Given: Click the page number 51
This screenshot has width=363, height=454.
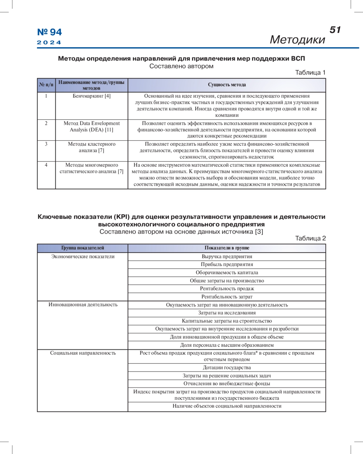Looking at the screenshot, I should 335,30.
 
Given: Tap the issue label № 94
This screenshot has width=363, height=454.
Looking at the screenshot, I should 49,32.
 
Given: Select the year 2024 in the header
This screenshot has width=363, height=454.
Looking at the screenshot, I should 49,42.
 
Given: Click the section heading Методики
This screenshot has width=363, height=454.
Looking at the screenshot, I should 297,40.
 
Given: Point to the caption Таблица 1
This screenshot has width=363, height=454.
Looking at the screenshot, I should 310,72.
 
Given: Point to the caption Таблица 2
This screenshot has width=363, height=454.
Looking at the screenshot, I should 310,238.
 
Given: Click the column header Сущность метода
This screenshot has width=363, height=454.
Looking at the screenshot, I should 227,85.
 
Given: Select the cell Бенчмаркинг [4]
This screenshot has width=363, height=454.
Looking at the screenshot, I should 92,96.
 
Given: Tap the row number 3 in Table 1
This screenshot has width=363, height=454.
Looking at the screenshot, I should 46,144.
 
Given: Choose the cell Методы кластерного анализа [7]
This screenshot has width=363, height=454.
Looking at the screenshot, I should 92,147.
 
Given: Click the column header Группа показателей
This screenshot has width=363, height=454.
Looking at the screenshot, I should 83,248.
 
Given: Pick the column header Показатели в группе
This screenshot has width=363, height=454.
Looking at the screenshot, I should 227,248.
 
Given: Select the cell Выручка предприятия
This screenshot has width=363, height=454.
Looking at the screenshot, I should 227,256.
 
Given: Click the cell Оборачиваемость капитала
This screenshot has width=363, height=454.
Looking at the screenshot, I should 227,272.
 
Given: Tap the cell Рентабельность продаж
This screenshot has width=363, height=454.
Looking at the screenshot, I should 227,288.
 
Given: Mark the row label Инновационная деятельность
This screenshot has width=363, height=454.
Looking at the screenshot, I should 83,304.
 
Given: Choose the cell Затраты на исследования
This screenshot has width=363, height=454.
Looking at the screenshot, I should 227,313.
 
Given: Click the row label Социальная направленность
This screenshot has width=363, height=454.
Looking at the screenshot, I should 83,353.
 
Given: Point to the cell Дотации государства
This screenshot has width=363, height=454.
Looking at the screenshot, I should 227,367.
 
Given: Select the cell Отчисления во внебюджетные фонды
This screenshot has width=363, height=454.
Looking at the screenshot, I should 227,383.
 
